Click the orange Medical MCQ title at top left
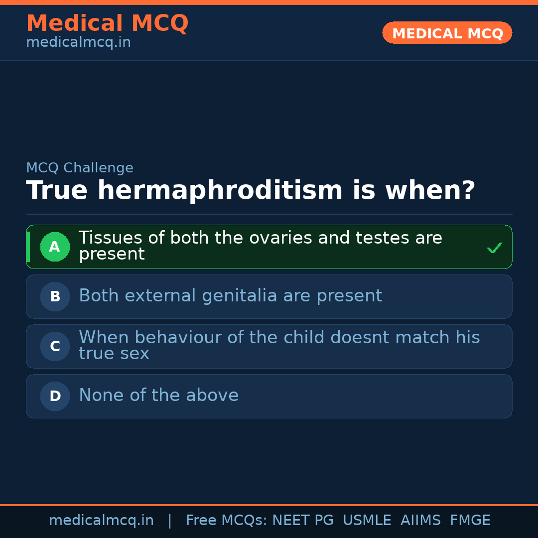(108, 23)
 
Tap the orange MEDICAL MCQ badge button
(447, 33)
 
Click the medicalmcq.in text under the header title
(79, 42)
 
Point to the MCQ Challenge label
(80, 168)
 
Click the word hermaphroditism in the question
(220, 190)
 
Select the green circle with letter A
(55, 247)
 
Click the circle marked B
(55, 296)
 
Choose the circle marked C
(55, 346)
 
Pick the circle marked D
(55, 396)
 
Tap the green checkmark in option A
(495, 248)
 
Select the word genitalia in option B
(240, 296)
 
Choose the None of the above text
(159, 395)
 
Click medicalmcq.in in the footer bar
(102, 520)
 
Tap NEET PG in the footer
(303, 520)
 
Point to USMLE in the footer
(367, 520)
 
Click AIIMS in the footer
(420, 520)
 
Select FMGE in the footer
(470, 520)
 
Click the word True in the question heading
(57, 190)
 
